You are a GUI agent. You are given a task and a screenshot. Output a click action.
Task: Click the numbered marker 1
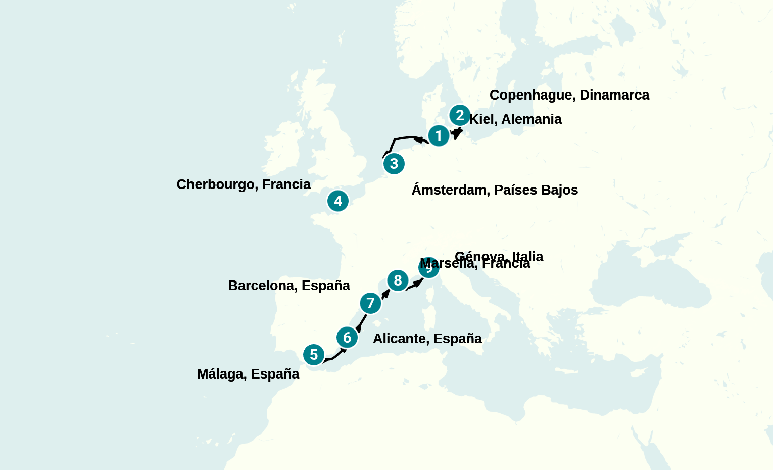click(439, 135)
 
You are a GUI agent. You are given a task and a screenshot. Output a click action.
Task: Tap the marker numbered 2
click(460, 115)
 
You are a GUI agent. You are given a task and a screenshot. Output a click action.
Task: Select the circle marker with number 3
click(394, 164)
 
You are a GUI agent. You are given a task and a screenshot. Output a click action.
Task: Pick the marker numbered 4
click(338, 201)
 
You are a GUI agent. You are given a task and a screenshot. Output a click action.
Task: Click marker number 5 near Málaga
click(314, 355)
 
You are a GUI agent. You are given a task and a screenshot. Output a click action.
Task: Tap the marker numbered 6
click(347, 337)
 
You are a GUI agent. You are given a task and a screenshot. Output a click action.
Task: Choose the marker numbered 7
click(370, 303)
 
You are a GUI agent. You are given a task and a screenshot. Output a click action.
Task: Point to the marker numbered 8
click(398, 280)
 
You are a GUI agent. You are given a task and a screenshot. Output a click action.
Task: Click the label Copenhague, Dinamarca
click(569, 95)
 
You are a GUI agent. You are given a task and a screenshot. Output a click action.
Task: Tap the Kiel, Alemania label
click(515, 119)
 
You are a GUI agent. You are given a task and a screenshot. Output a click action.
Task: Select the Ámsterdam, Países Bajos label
click(495, 190)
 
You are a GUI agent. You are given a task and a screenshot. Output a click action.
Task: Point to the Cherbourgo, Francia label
click(244, 184)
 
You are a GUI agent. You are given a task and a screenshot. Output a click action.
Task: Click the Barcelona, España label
click(289, 286)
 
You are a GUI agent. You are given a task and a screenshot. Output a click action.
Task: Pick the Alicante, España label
click(427, 339)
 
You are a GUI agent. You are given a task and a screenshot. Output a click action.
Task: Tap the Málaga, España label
click(248, 374)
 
